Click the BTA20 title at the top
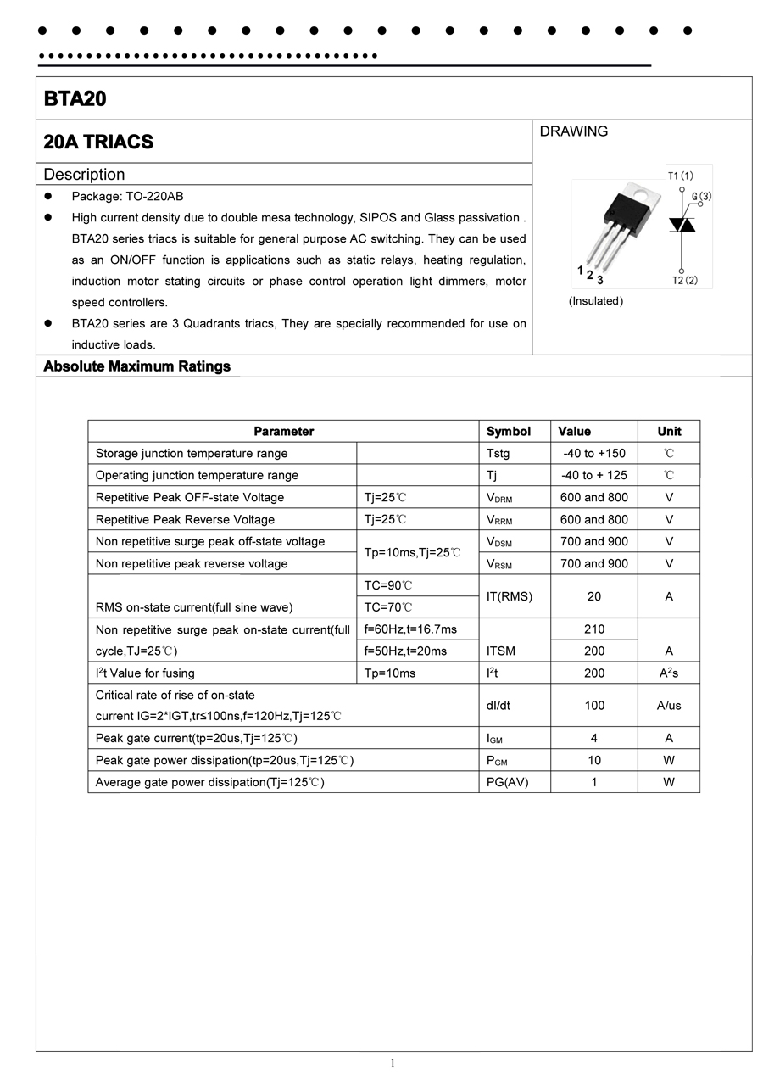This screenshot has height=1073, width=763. (75, 98)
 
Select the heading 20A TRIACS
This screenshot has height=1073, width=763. (98, 142)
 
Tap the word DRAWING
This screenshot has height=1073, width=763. (574, 131)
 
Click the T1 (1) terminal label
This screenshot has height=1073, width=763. (680, 176)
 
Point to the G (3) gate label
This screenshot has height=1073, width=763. (700, 197)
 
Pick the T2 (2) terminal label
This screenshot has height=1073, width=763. (685, 280)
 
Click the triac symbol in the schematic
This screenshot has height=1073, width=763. (682, 224)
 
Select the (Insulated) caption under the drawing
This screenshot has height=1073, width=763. (595, 301)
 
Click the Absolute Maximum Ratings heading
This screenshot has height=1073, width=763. (136, 366)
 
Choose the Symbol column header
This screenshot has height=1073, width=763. (509, 431)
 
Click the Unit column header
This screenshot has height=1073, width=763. (669, 431)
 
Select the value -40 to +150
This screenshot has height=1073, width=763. (593, 453)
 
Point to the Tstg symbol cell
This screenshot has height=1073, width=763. (498, 453)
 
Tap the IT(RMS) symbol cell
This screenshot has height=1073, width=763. (509, 596)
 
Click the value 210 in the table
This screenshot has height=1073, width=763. (593, 629)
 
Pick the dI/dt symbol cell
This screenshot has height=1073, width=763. (498, 705)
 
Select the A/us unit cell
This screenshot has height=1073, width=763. (669, 705)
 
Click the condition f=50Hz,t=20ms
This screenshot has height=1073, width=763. (405, 651)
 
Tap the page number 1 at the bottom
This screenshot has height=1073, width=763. (393, 1063)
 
